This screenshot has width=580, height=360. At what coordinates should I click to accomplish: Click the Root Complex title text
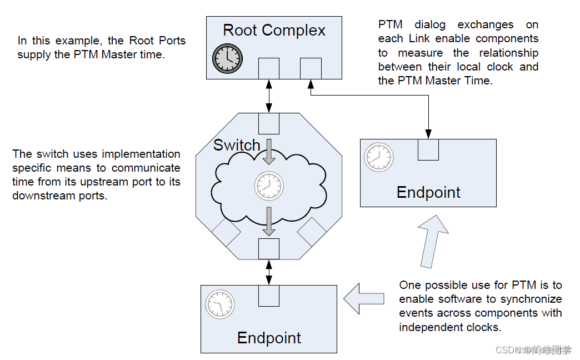[x=274, y=30]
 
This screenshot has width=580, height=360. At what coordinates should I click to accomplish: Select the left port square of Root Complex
[x=269, y=68]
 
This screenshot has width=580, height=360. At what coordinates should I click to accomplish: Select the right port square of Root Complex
[x=311, y=68]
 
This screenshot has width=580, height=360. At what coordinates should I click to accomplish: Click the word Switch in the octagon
[x=237, y=146]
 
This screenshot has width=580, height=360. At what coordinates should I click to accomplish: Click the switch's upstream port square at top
[x=269, y=123]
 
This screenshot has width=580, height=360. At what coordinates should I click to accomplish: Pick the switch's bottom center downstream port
[x=269, y=248]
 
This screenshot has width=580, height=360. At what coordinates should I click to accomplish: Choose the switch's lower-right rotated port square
[x=312, y=232]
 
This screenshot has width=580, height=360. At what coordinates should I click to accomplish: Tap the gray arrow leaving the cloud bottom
[x=269, y=221]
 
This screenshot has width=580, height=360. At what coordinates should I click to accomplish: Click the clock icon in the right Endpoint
[x=379, y=157]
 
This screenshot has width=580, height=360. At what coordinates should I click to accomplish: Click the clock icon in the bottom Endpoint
[x=220, y=304]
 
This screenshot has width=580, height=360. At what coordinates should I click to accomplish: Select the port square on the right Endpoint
[x=428, y=149]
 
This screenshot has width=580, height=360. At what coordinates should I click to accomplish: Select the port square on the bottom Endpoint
[x=269, y=296]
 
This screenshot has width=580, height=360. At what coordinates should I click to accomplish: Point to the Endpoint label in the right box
[x=428, y=192]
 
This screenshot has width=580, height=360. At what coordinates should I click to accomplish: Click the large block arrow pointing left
[x=364, y=298]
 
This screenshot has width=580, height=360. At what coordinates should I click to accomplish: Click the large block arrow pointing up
[x=433, y=239]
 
